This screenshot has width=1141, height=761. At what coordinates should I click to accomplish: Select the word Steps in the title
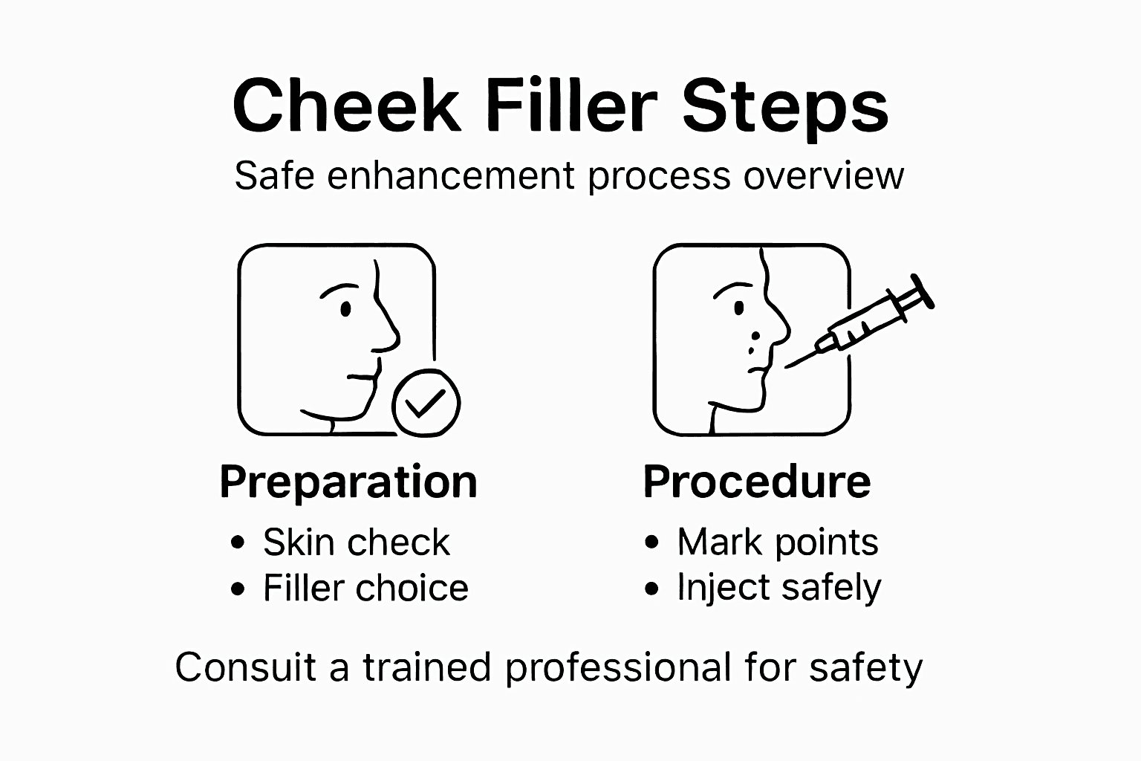[x=785, y=109]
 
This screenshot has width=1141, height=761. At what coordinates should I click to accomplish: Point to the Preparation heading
[x=348, y=482]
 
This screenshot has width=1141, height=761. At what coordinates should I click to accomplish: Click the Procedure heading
[x=756, y=482]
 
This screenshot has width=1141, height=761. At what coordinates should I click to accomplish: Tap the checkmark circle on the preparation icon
[x=426, y=403]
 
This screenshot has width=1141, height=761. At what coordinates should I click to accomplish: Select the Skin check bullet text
[x=356, y=543]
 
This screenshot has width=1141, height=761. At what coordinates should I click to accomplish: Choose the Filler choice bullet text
[x=365, y=588]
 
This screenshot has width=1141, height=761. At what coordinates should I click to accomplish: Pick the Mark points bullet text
[x=777, y=543]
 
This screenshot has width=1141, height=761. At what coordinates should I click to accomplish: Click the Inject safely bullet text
[x=778, y=588]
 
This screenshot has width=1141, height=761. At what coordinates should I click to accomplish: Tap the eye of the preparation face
[x=345, y=308]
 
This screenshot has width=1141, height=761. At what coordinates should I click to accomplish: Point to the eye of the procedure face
[x=738, y=307]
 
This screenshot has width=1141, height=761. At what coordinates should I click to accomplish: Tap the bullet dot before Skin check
[x=238, y=543]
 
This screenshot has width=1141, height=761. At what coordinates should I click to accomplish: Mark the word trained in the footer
[x=427, y=667]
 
